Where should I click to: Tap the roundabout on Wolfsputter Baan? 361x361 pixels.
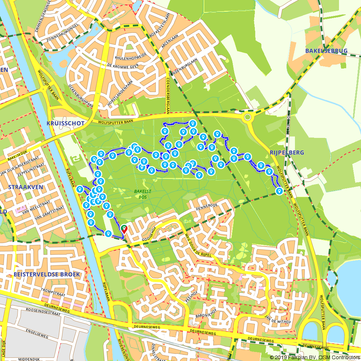pos(247,117)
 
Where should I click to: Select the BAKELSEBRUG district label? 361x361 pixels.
pos(326,51)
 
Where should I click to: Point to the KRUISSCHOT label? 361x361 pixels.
pos(65,123)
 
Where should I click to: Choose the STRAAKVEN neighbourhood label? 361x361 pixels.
pos(26,187)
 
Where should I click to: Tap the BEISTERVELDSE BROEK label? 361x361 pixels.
pos(47,274)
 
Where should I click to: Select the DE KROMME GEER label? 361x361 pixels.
pos(123,65)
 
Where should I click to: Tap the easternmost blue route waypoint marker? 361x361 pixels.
pos(279,191)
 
